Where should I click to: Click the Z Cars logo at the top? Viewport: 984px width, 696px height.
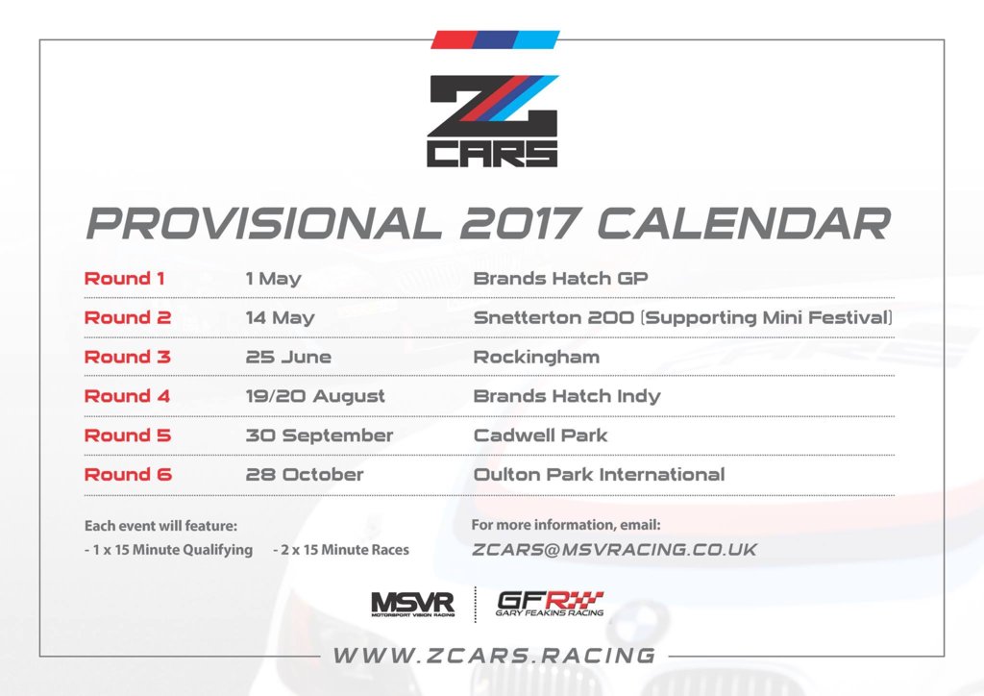[493, 120]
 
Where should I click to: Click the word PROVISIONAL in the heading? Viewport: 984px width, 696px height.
[264, 223]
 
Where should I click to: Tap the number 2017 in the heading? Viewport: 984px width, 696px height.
[520, 223]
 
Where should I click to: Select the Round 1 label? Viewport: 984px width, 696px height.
[124, 278]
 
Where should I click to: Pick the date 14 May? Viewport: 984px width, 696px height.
[280, 317]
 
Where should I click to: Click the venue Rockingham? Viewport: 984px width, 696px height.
[536, 357]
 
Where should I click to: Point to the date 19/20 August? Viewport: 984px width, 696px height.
[315, 396]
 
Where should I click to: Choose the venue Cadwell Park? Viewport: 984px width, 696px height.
[540, 435]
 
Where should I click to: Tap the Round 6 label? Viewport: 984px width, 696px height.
[128, 475]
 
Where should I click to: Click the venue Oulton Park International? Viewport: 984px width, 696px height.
[600, 475]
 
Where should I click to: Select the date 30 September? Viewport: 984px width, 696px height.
[319, 435]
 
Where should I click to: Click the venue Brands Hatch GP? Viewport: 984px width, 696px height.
[560, 278]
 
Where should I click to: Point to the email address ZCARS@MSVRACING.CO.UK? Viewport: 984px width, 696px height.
[614, 550]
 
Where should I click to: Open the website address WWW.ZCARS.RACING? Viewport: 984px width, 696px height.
[495, 656]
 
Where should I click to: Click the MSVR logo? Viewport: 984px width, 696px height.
[413, 605]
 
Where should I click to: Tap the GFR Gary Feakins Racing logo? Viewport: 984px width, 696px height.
[550, 604]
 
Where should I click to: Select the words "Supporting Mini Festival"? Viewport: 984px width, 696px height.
[766, 317]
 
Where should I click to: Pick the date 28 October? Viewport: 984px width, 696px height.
[305, 475]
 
